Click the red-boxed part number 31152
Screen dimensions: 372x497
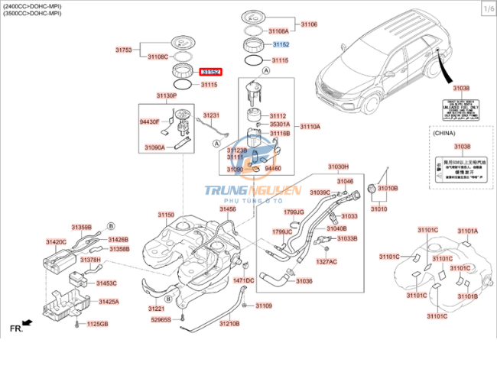click(210, 71)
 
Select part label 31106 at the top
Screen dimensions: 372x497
click(308, 24)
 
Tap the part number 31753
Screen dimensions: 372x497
click(124, 50)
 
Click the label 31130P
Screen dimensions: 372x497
click(167, 95)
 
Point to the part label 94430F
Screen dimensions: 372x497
click(149, 121)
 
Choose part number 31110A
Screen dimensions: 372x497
click(310, 127)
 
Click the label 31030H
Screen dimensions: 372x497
click(338, 166)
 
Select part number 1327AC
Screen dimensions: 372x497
click(327, 261)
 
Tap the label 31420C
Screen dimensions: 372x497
click(56, 241)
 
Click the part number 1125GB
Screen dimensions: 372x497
click(97, 324)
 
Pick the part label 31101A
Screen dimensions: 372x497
click(467, 231)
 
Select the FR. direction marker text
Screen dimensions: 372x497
click(15, 328)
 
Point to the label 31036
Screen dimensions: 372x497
click(304, 281)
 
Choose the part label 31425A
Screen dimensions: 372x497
click(107, 302)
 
